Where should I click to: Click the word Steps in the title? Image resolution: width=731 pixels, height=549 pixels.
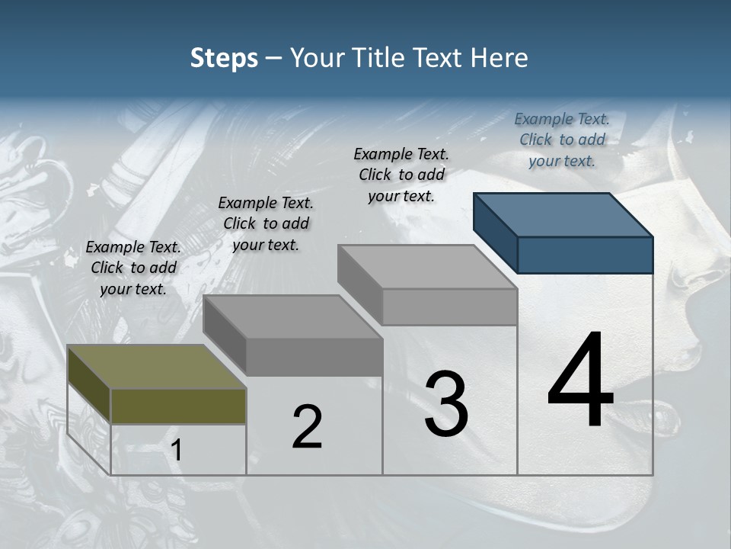click(x=224, y=59)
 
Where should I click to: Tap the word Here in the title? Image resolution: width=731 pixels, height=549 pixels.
click(x=500, y=59)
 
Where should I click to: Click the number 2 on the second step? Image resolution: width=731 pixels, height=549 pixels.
click(x=307, y=427)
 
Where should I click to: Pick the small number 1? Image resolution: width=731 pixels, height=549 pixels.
click(x=177, y=451)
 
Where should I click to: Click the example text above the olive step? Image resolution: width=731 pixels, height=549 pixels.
click(x=133, y=268)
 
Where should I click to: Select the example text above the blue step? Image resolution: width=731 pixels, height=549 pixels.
click(x=562, y=140)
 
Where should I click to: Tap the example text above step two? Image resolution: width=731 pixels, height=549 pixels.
click(x=266, y=223)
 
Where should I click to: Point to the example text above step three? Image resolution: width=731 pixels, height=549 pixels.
click(x=401, y=175)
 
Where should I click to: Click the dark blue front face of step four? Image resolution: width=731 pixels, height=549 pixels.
click(x=585, y=255)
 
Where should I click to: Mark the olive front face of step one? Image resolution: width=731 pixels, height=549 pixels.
click(x=178, y=406)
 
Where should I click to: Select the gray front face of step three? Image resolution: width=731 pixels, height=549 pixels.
click(x=449, y=307)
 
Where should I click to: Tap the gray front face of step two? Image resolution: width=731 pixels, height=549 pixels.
click(x=314, y=357)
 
